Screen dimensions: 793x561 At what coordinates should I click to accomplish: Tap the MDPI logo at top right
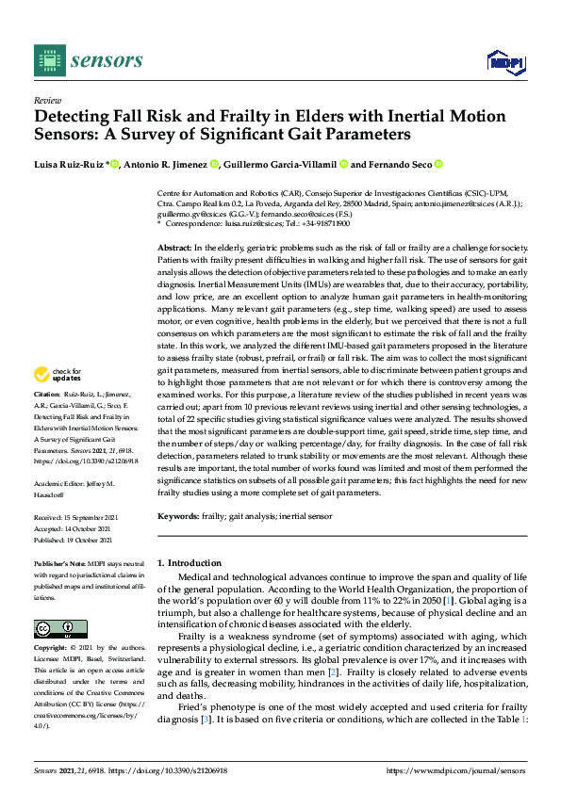(x=504, y=62)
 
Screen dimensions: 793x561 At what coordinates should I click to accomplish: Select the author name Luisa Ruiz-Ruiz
(x=69, y=165)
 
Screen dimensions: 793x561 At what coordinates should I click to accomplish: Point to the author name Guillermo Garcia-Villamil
(x=284, y=165)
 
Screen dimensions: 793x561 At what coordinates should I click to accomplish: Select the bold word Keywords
(x=178, y=517)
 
